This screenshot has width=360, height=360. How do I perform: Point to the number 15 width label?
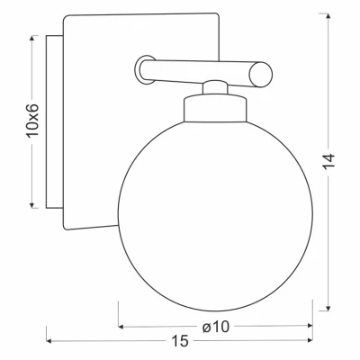(180, 341)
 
